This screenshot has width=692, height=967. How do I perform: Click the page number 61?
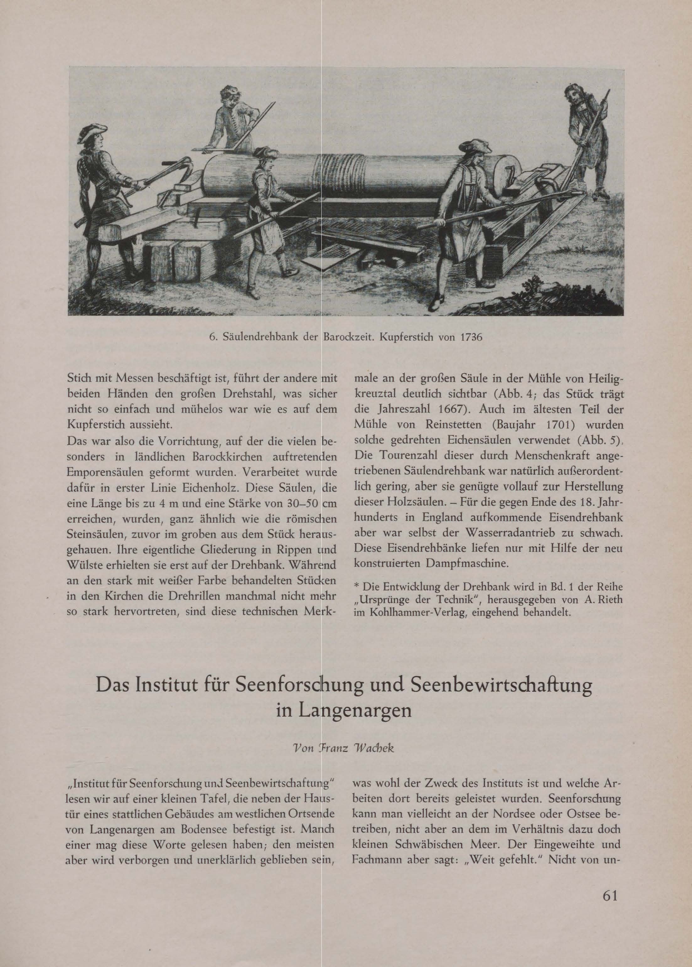[x=610, y=917]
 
